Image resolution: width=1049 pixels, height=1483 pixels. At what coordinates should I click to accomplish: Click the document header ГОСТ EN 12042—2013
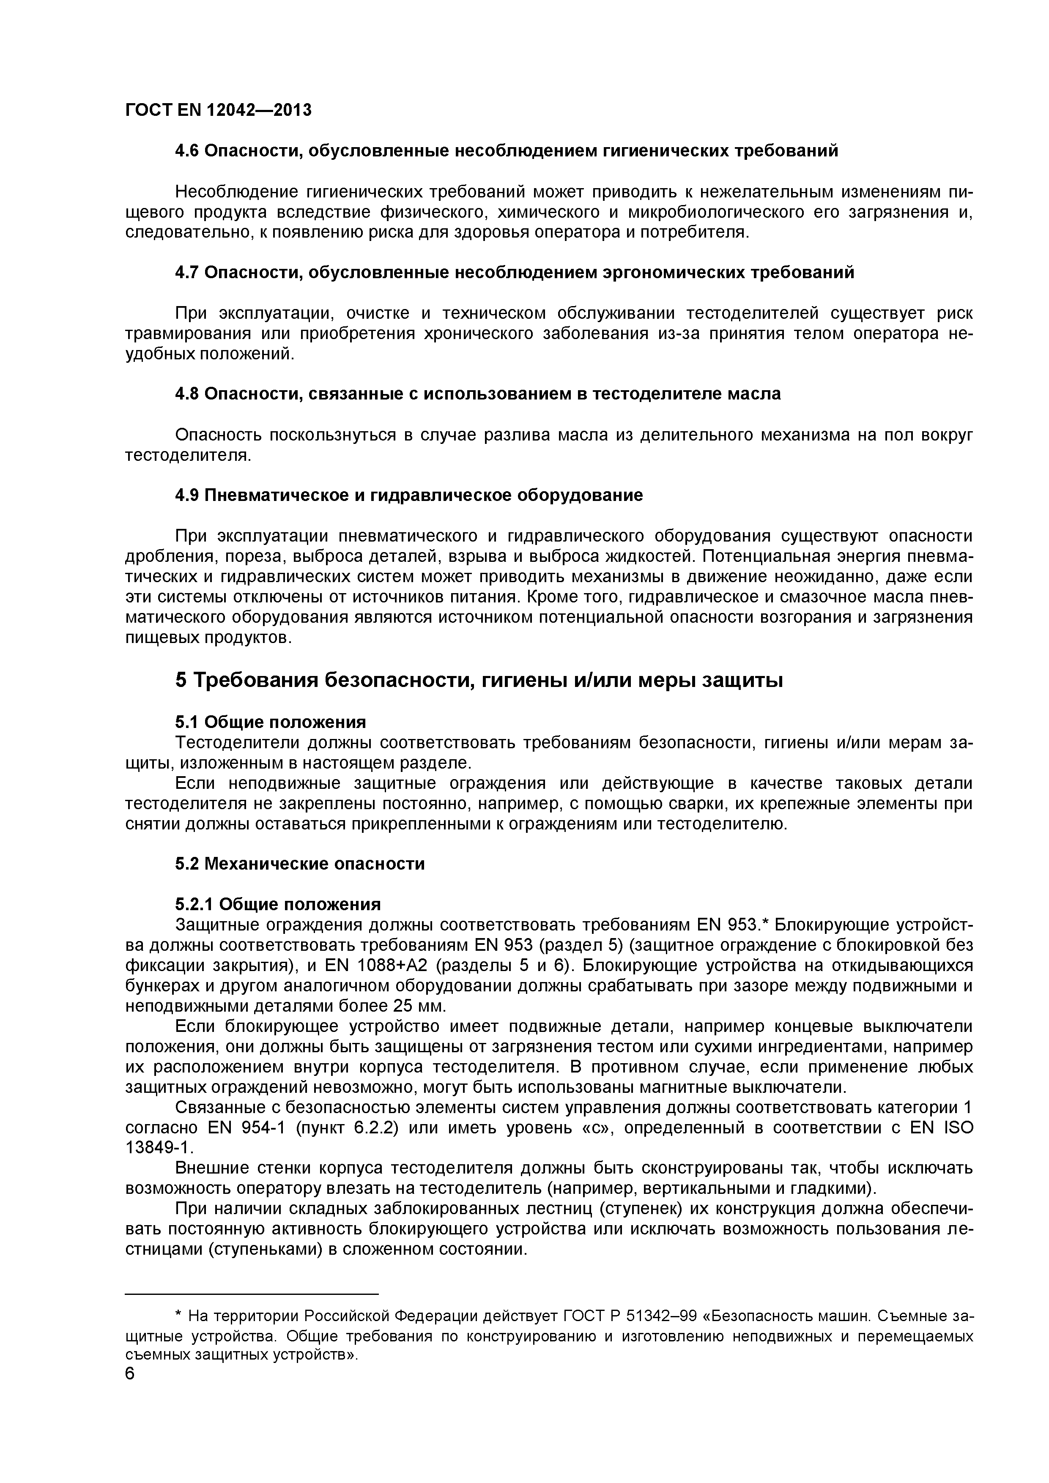coord(218,110)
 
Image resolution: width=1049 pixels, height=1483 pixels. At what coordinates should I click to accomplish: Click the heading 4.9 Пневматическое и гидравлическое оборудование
coord(409,495)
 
